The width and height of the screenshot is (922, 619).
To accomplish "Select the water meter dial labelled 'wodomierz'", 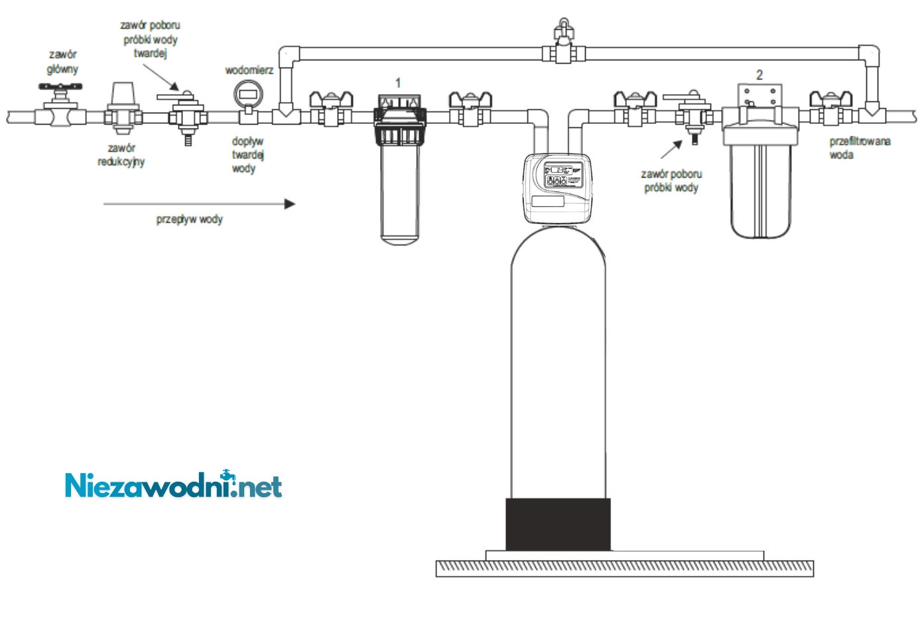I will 248,93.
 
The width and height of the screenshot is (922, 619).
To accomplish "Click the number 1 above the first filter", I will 398,83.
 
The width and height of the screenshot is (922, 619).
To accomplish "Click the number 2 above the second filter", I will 759,75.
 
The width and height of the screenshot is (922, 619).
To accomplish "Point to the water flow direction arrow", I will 199,204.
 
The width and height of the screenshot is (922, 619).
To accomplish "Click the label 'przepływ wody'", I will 190,219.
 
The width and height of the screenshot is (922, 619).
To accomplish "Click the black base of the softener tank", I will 558,524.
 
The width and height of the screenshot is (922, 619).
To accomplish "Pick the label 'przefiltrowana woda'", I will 860,148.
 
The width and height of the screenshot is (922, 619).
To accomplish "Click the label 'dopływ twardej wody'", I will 247,155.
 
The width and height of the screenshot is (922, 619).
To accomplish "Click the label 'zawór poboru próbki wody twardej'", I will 151,38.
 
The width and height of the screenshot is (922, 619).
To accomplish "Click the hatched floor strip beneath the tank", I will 624,568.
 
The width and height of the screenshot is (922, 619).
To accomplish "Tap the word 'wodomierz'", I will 249,70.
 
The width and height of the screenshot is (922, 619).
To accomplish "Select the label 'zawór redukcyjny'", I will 121,154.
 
